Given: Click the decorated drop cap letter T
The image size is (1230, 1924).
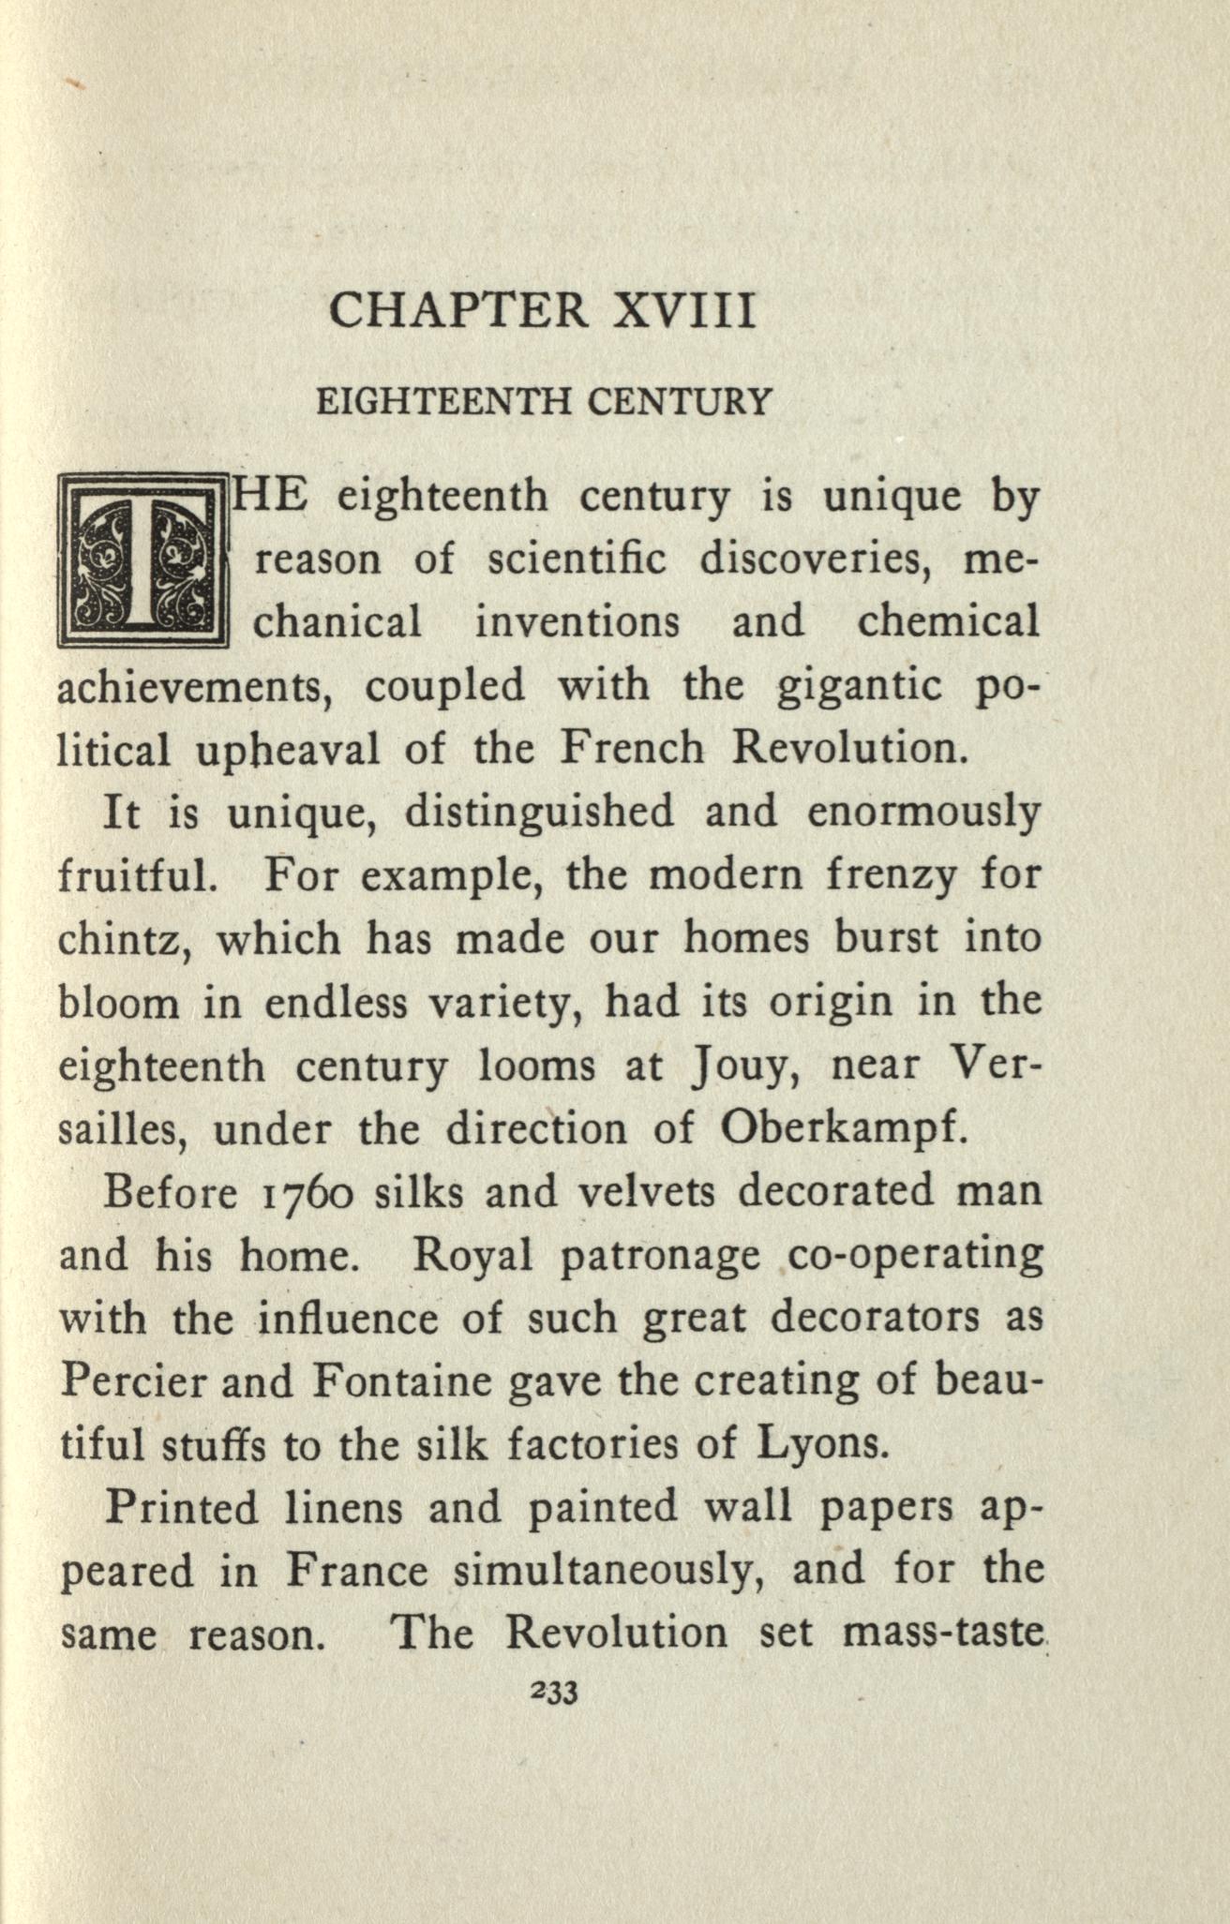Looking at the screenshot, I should pos(142,559).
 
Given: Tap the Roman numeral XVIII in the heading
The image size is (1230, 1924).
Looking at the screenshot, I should pos(684,311).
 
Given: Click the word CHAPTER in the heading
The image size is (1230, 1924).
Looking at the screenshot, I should pos(458,311).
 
